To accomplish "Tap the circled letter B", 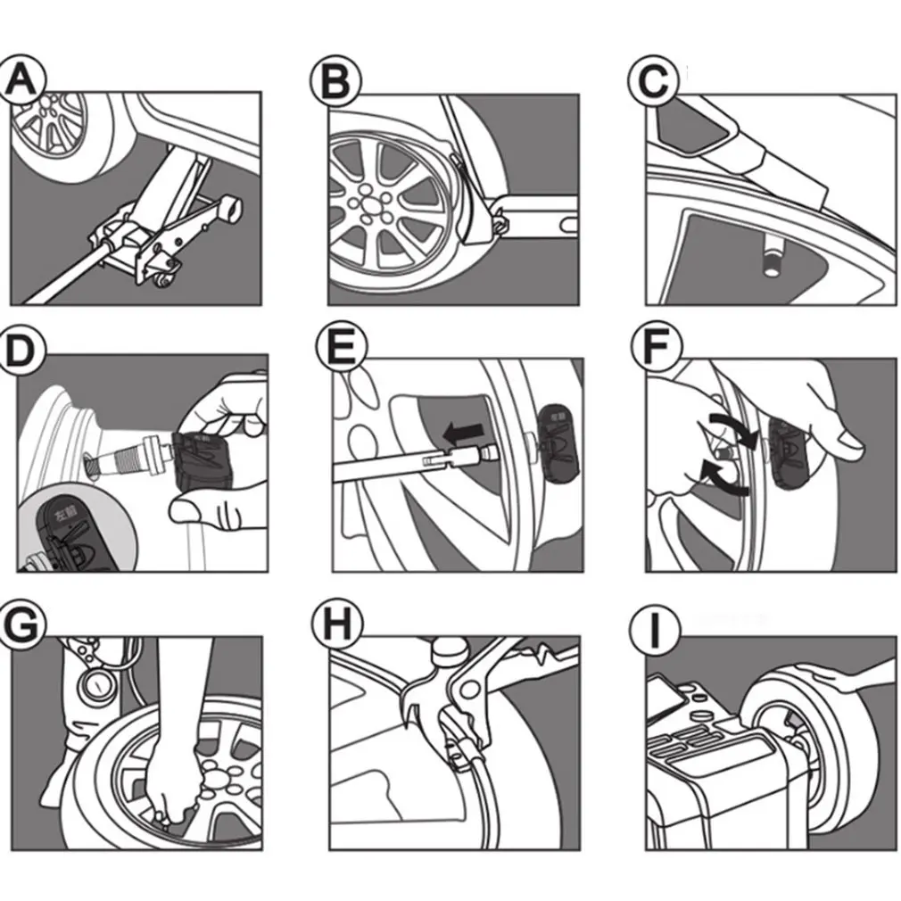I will pos(335,82).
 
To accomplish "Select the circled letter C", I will pos(653,83).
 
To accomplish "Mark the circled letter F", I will pos(655,347).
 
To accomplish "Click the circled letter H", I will pos(336,624).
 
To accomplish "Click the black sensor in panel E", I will pos(558,441).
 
